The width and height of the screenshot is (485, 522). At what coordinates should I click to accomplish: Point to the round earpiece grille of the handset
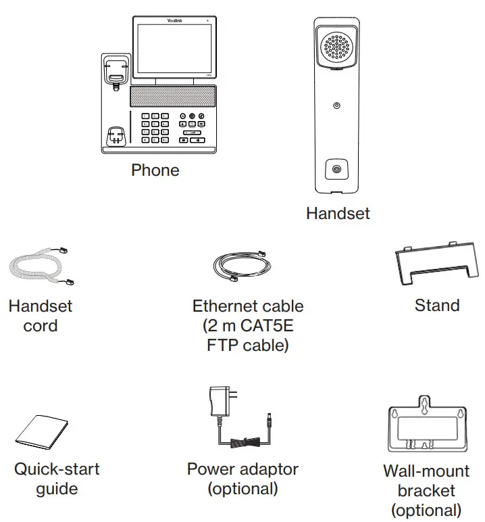pos(336,47)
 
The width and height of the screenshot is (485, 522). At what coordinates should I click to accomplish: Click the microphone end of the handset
pos(336,168)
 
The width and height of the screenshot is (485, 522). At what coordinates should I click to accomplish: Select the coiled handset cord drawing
pos(41,268)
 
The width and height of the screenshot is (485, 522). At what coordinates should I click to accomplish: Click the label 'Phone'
pos(155,170)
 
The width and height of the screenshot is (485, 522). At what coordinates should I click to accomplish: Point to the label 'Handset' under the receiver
pos(338,213)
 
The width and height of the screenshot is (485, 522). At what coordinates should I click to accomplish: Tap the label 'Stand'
pos(437,306)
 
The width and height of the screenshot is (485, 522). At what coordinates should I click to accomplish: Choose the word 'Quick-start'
pos(57,469)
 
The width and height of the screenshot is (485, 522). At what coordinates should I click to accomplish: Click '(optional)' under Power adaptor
pos(242,489)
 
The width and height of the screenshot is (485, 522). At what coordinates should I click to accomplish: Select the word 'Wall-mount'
pos(426,471)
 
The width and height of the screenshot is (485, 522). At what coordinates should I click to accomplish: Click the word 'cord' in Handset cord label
pos(41,326)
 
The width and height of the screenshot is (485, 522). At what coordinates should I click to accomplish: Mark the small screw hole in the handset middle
pos(336,105)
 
